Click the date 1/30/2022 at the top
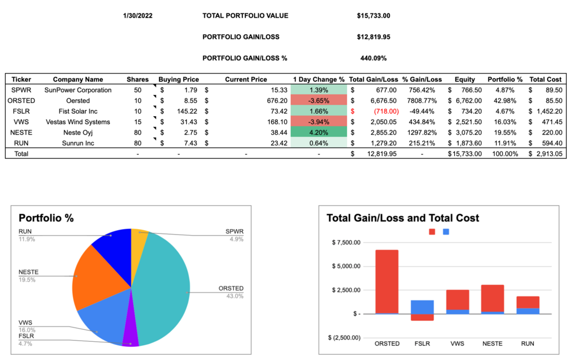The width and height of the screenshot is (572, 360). pos(137,15)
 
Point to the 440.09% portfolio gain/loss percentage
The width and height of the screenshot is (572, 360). pos(373,58)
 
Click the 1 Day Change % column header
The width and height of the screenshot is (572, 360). pos(319,79)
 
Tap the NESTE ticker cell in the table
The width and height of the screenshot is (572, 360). pos(20,132)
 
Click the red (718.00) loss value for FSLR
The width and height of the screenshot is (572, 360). pos(382,111)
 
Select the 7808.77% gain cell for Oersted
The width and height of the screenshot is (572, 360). pos(422,100)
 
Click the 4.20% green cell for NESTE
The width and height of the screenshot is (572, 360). pos(319,132)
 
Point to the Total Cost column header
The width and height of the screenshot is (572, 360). pos(545,79)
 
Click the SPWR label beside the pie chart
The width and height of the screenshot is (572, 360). pos(234,232)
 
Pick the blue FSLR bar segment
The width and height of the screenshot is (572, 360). pos(422,306)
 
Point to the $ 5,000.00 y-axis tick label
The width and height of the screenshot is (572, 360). pos(345,266)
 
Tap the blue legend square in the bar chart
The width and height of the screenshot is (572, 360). pos(446,232)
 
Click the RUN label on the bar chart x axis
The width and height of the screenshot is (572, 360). pos(528,343)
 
